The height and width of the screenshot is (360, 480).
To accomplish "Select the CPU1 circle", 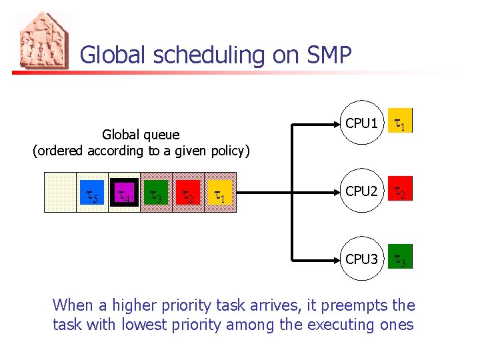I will (x=362, y=123).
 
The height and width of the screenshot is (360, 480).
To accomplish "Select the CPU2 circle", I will (x=362, y=191).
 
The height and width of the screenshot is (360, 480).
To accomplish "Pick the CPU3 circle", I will (x=362, y=258).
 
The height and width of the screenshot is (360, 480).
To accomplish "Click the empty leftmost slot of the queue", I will (x=60, y=193).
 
